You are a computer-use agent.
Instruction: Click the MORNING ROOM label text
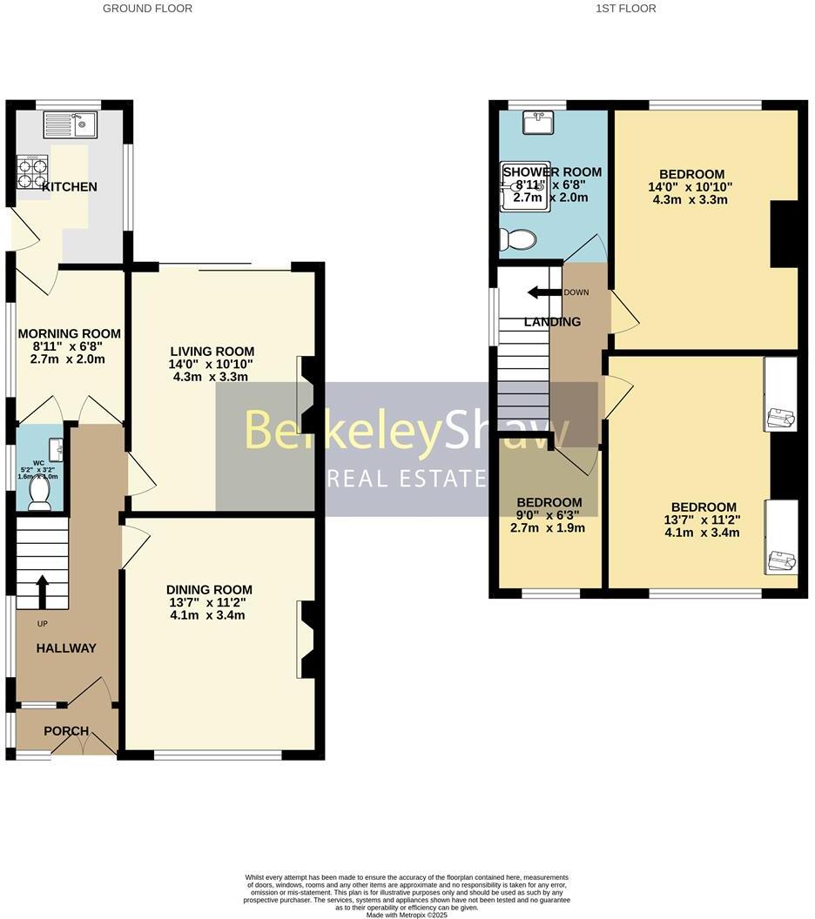pos(70,333)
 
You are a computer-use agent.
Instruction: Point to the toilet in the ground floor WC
pos(39,493)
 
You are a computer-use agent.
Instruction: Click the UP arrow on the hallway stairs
pos(41,591)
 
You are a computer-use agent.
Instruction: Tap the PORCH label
pos(66,730)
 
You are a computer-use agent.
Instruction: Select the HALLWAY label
pos(66,647)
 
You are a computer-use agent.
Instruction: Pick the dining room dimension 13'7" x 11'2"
pos(209,602)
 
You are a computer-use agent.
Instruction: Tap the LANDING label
pos(552,322)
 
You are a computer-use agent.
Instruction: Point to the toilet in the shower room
pos(521,239)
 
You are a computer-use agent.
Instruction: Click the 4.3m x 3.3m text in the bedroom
pos(690,199)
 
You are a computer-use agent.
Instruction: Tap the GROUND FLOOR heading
pos(147,9)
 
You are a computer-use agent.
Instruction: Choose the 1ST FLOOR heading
pos(626,9)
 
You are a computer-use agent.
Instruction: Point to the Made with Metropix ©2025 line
pos(407,914)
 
